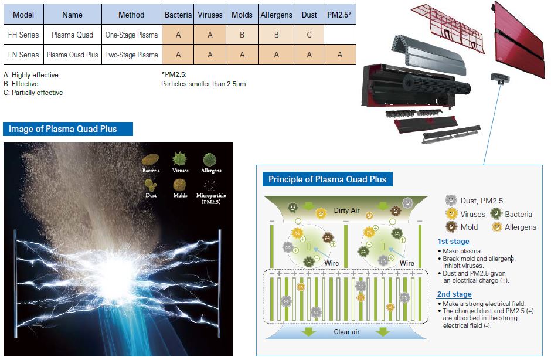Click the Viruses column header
pos(210,15)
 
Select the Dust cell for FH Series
pos(309,35)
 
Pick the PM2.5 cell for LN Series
pos(340,55)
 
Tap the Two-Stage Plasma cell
pos(131,55)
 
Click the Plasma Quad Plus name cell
pos(72,55)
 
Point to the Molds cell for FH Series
pos(242,35)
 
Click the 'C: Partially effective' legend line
pos(33,93)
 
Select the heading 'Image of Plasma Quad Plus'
pos(63,129)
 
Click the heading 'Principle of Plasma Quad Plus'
pos(328,179)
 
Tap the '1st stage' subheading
pos(453,242)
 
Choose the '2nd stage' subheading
pos(454,294)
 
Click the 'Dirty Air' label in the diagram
pos(346,210)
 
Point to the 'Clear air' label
pos(346,331)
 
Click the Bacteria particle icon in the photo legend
pos(151,160)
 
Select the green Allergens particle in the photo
pos(209,159)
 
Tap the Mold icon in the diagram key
pos(451,227)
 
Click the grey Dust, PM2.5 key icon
pos(451,201)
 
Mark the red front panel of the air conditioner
pos(519,40)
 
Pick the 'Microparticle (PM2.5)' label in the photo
pos(211,198)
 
